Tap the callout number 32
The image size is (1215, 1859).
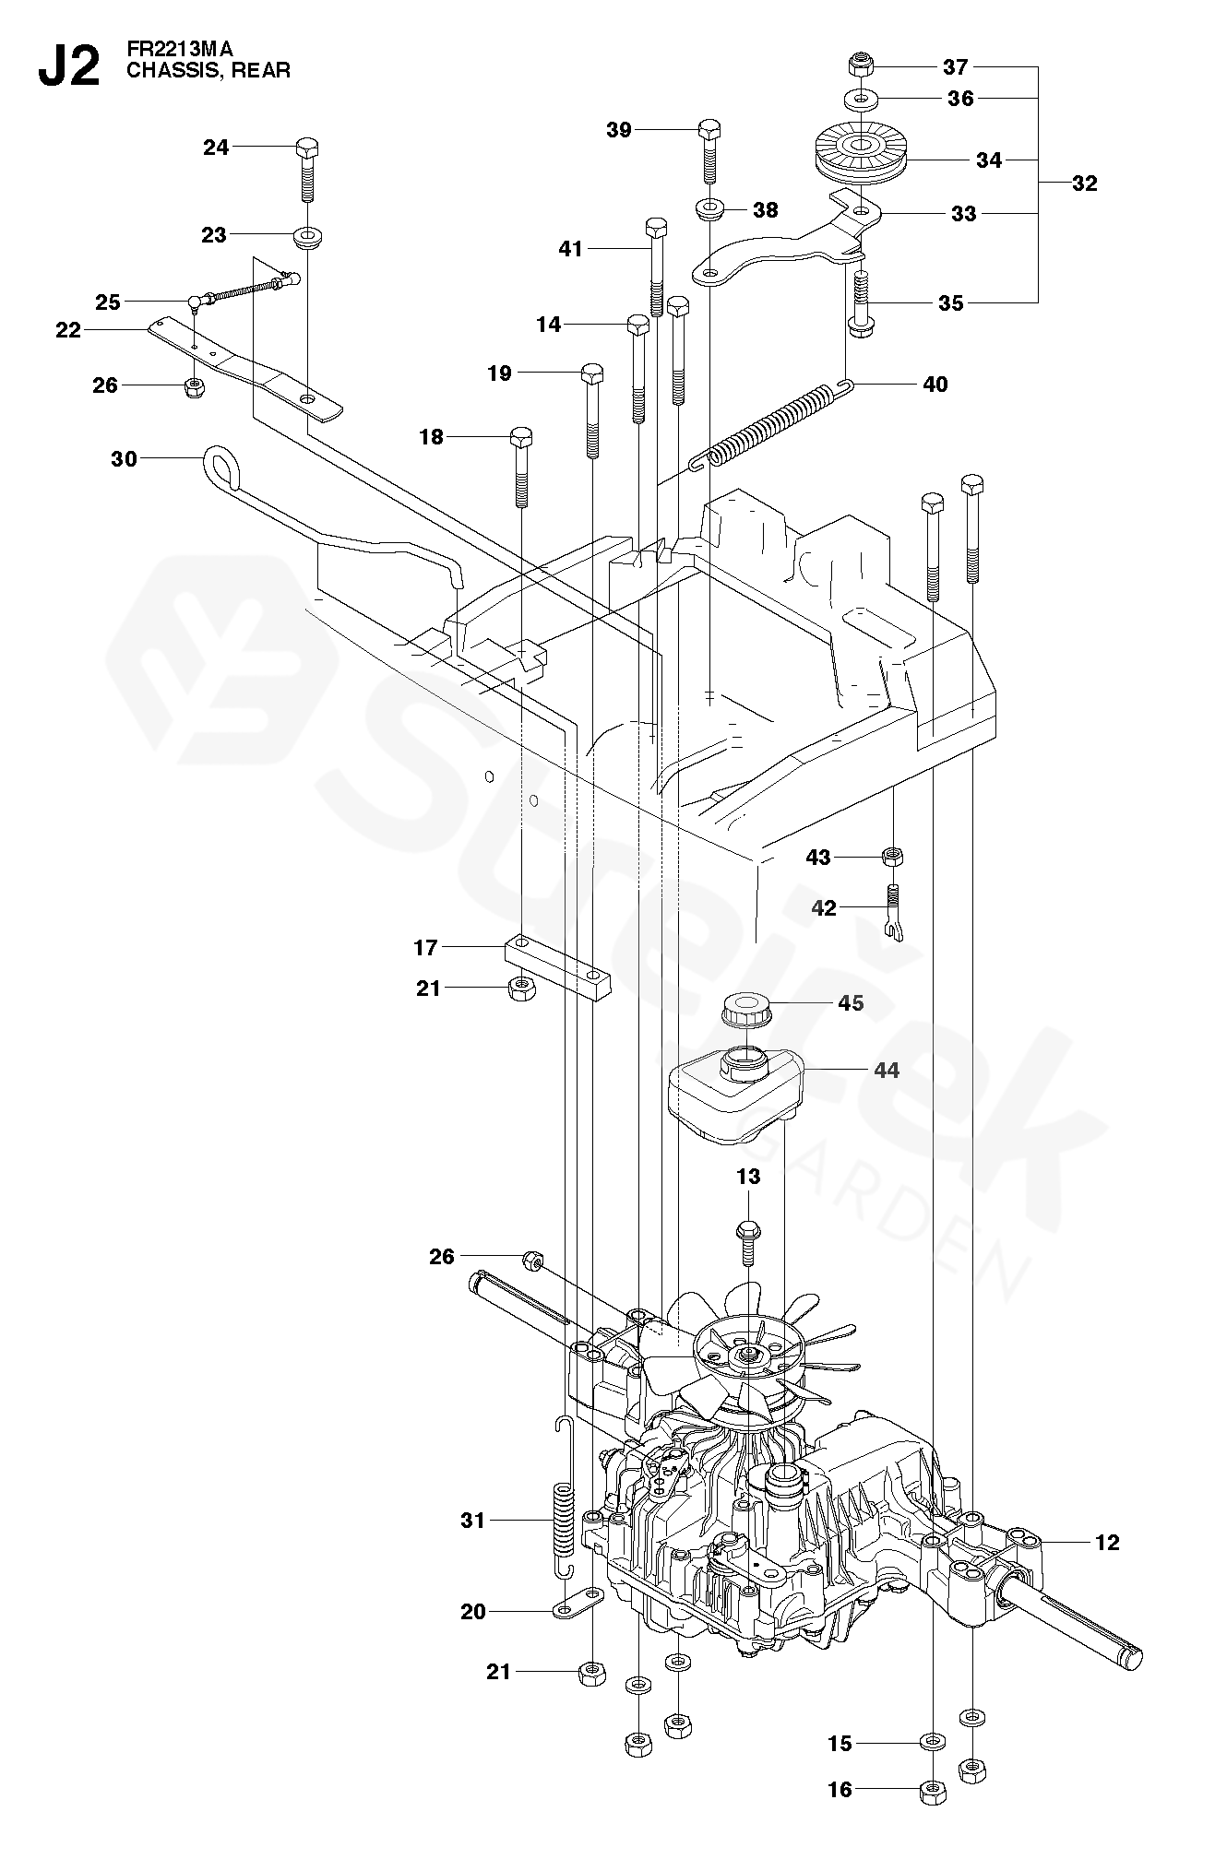[1085, 184]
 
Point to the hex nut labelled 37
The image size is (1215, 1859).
[860, 66]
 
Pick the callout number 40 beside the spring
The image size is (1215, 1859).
[935, 384]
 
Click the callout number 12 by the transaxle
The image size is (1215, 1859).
[1107, 1542]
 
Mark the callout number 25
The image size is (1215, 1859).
[108, 302]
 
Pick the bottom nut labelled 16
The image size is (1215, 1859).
[932, 1790]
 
